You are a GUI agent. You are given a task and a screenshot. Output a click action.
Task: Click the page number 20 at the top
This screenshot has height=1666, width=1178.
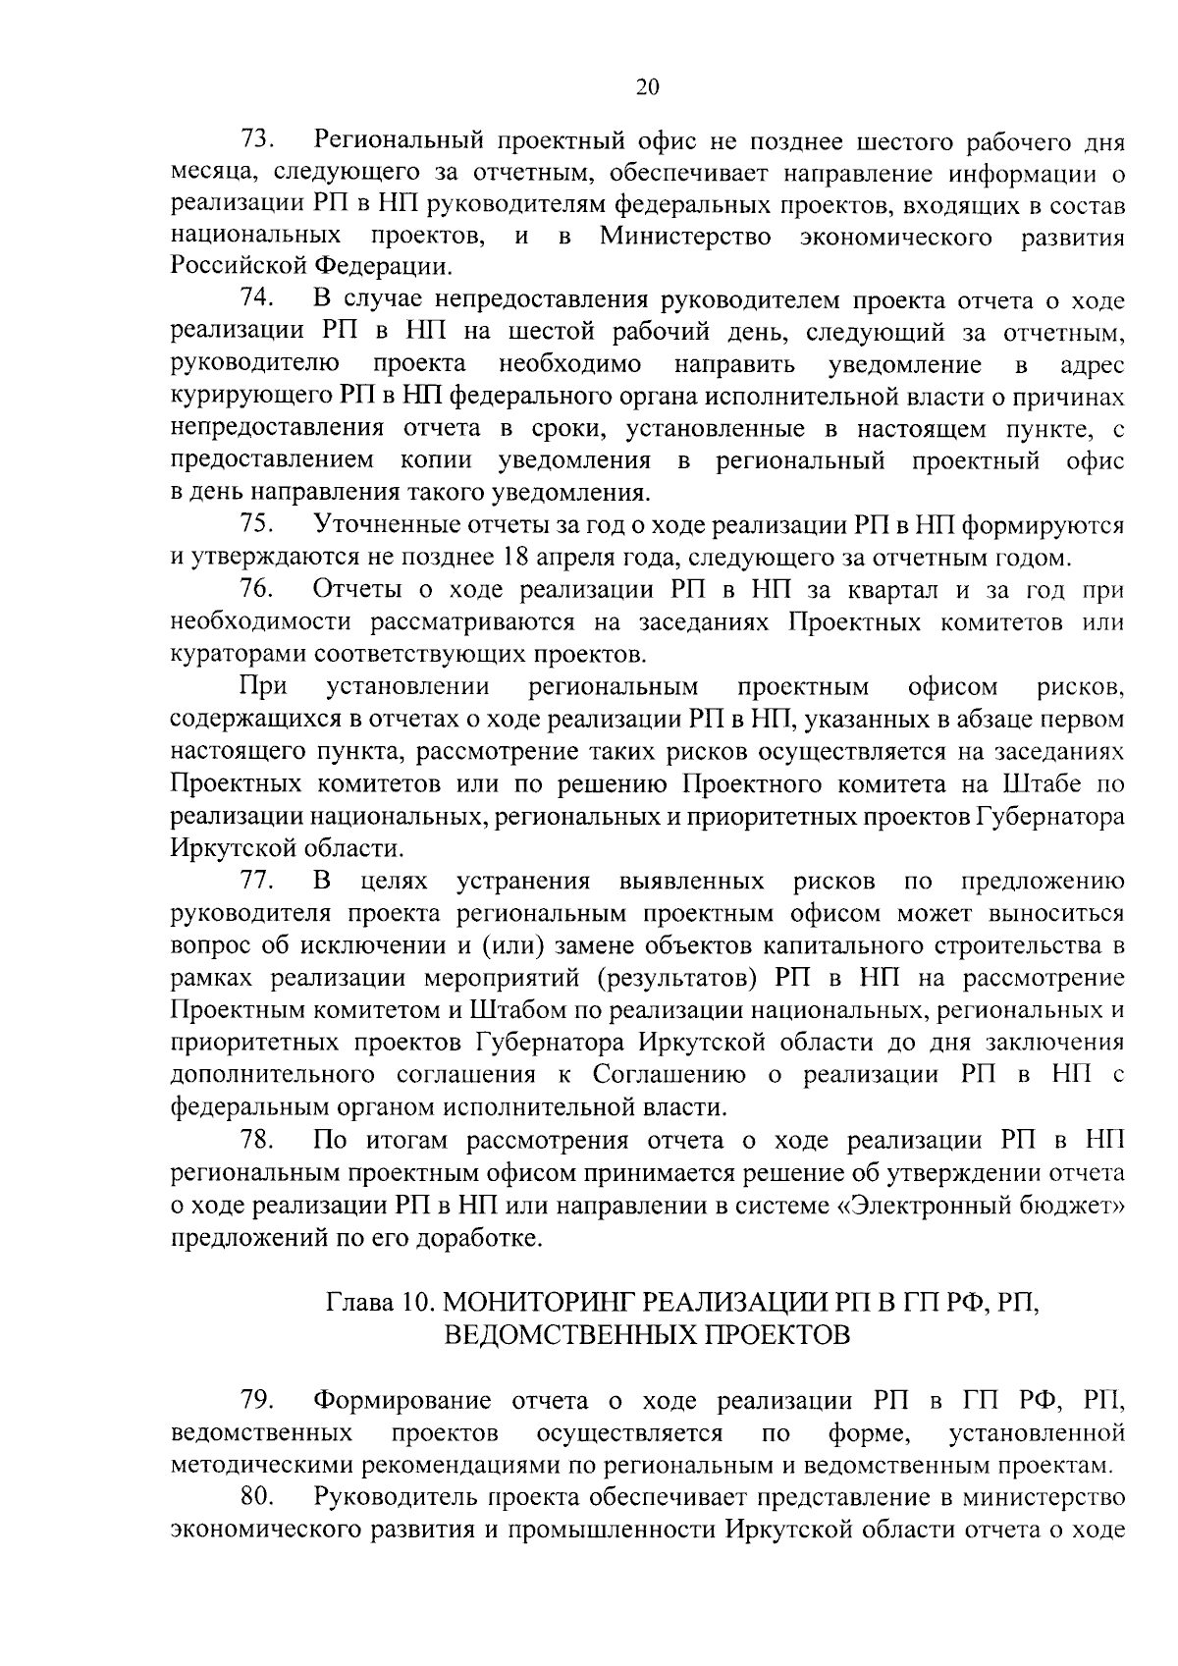[647, 86]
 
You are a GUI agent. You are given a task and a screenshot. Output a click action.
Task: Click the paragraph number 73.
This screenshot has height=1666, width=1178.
[258, 141]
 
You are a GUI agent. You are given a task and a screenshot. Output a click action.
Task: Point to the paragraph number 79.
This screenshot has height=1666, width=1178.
[258, 1399]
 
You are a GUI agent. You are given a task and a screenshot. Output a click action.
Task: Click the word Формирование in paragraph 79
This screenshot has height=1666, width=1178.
[404, 1399]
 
